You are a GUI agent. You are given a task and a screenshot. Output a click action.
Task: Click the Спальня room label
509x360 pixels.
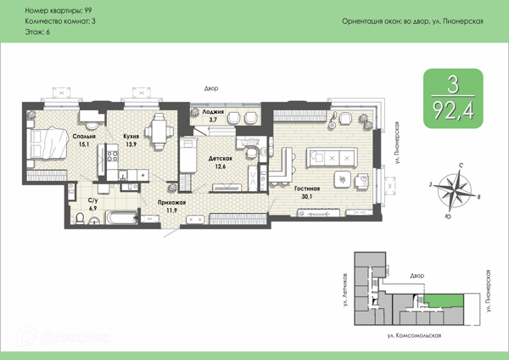tap(84, 137)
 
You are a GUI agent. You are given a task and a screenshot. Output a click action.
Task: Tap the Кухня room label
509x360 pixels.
tap(131, 137)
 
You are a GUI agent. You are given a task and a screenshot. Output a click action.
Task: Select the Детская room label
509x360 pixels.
tap(220, 159)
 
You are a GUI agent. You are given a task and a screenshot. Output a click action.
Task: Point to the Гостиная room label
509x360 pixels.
tap(307, 188)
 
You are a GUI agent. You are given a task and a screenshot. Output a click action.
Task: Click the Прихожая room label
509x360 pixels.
tap(171, 203)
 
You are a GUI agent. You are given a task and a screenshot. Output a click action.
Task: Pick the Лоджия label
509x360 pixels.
tap(213, 112)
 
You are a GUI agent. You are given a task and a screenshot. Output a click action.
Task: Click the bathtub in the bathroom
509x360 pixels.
tap(121, 217)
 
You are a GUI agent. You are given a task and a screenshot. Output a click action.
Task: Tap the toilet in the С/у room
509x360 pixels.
tap(80, 218)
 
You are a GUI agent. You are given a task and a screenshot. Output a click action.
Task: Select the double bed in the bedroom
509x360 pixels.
tap(48, 144)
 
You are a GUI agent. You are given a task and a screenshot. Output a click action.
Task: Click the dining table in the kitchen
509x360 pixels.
tap(159, 132)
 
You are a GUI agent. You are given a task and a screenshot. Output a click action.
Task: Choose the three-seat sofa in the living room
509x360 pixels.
tap(332, 158)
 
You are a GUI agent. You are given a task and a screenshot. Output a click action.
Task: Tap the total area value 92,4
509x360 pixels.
tap(453, 110)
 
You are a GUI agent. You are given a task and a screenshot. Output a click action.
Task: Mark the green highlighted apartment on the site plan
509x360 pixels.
tap(444, 301)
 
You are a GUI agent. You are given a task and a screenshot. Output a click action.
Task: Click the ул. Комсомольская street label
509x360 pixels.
tap(414, 335)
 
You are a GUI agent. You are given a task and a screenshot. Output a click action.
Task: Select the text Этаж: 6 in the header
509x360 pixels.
tap(37, 32)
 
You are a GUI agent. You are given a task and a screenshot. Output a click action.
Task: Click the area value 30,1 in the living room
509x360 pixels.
tap(307, 196)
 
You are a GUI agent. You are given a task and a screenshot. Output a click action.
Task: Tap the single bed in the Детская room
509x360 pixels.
tap(188, 155)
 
